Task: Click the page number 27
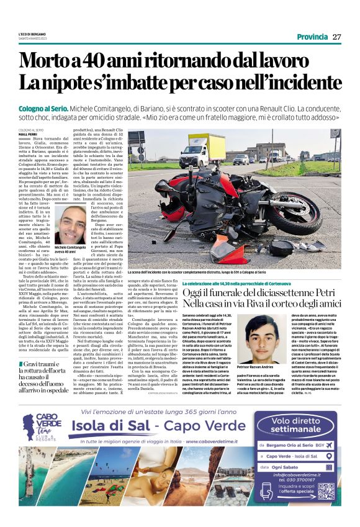coord(337,37)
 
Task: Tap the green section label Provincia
coord(312,37)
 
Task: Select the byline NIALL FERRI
coord(28,133)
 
